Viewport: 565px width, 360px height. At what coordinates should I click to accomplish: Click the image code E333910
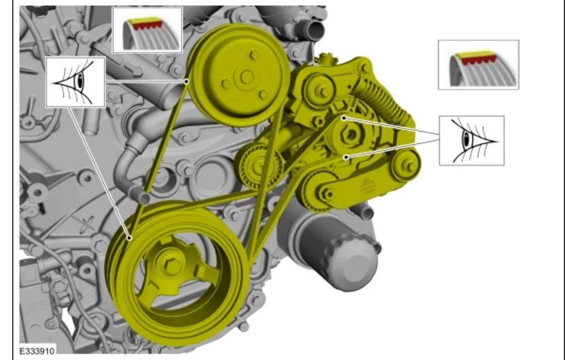(37, 351)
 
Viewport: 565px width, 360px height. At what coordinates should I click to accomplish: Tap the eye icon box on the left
(76, 82)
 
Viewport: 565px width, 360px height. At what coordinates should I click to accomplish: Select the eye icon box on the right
(472, 141)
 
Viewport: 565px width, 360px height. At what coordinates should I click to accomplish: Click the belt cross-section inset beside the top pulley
(147, 30)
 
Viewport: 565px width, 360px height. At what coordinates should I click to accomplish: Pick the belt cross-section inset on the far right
(478, 65)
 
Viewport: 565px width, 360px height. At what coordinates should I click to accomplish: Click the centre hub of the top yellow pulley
(247, 77)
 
